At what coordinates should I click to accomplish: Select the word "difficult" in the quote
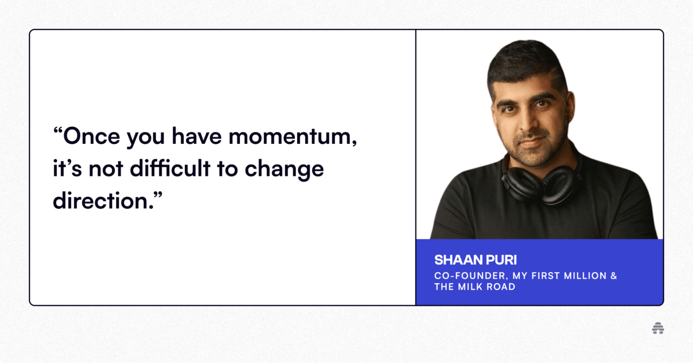(170, 169)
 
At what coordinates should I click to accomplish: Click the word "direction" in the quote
(101, 201)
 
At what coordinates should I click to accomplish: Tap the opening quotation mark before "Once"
(58, 130)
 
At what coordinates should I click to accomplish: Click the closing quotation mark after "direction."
(158, 195)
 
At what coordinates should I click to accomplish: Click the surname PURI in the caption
(501, 260)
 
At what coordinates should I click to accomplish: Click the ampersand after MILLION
(614, 276)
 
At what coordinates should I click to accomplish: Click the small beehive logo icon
(658, 328)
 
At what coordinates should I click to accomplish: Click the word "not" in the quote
(106, 169)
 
